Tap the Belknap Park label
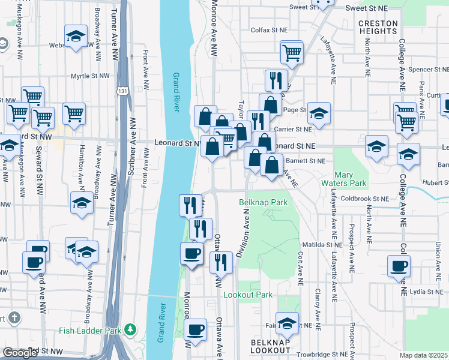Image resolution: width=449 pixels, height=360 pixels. coord(264,203)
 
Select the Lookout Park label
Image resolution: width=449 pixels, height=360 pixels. coord(248,295)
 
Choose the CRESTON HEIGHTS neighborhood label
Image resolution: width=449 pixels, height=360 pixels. coord(378,28)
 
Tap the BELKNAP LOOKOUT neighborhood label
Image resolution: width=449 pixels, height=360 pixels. coord(271,346)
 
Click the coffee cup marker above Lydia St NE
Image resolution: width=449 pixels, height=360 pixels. coord(399,266)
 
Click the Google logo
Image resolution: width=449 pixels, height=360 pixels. coord(20,352)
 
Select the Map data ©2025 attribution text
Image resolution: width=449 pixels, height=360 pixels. coord(424,355)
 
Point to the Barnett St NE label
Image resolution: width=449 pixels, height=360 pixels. coord(305,161)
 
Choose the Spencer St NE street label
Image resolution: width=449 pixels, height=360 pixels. coord(425,70)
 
